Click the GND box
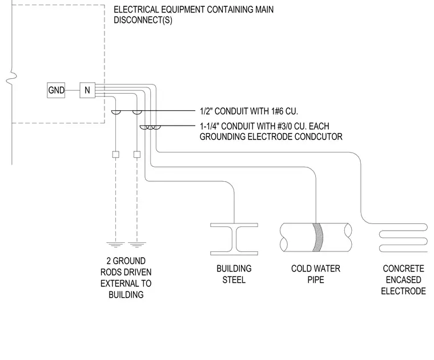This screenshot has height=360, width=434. pos(56,90)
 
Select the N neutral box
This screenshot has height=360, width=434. pos(87,90)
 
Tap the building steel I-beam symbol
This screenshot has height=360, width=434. pos(234,239)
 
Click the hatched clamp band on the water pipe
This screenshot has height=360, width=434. pos(318,237)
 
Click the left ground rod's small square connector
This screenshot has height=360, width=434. pos(116,154)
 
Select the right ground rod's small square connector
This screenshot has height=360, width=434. pos(137,154)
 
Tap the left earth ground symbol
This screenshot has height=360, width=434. pos(116,245)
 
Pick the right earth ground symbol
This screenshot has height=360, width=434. pos(137,245)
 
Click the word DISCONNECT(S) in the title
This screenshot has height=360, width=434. pos(143,20)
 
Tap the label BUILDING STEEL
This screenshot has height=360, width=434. pos(234,274)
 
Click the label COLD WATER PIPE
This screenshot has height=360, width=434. pos(316,274)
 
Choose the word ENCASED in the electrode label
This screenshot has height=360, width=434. pos(404,279)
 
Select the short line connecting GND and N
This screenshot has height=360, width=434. pos(73,90)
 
